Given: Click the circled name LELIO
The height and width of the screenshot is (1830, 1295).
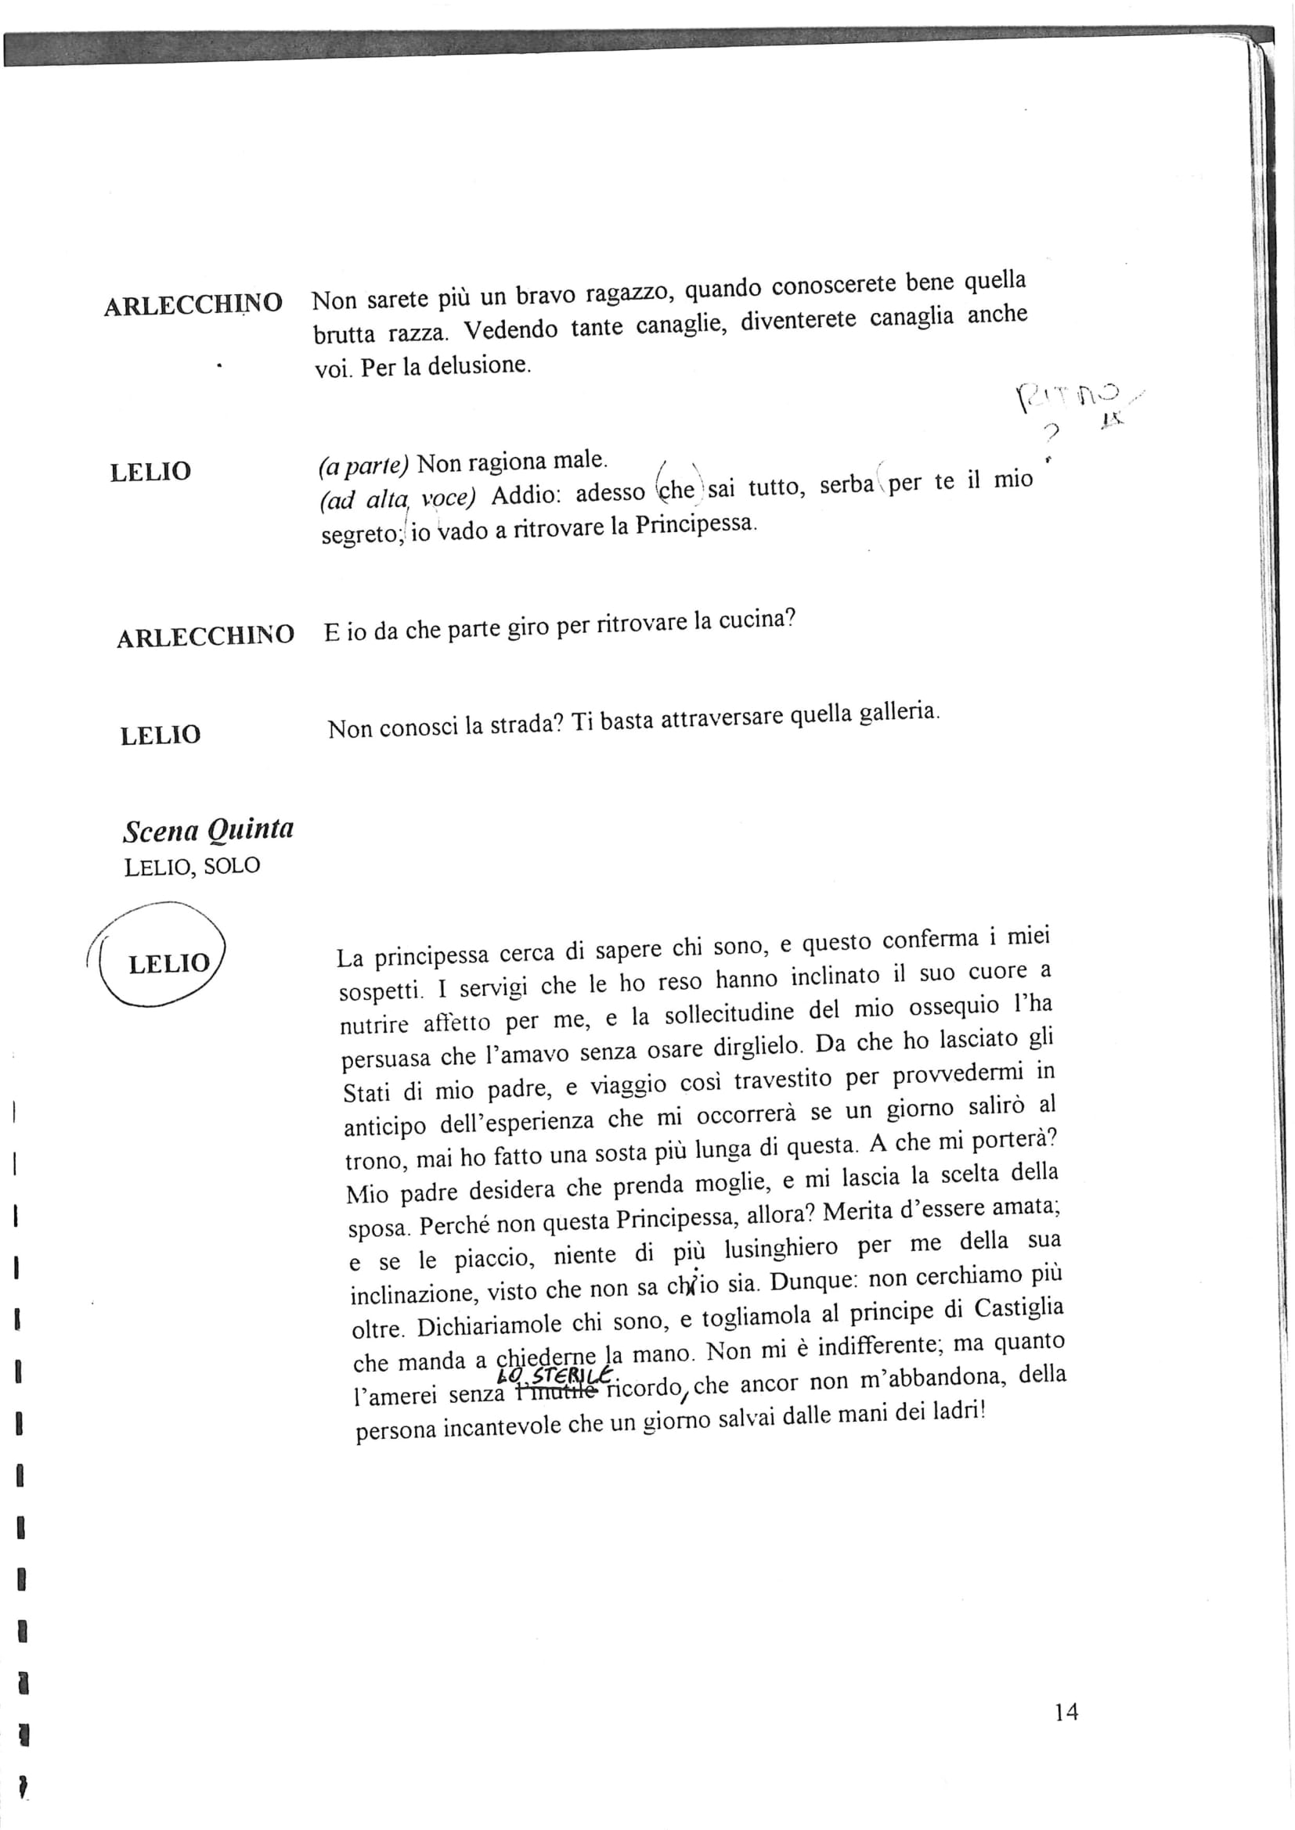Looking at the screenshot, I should coord(168,964).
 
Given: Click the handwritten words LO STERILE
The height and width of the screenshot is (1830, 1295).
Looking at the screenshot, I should coord(555,1375).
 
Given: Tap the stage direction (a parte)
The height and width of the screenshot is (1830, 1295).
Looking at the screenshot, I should coord(363,466).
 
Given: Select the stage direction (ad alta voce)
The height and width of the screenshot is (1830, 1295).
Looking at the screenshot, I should coord(397,499).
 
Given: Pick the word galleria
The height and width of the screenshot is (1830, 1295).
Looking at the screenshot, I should coord(897,712).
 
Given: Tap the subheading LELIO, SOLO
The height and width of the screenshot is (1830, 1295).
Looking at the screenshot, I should coord(192,866).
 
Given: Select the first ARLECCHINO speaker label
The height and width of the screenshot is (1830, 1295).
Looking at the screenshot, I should coord(193,304).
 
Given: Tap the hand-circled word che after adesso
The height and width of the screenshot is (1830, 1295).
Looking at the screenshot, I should coord(677,489).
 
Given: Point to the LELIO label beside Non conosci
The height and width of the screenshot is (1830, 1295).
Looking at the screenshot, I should coord(161,735).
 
